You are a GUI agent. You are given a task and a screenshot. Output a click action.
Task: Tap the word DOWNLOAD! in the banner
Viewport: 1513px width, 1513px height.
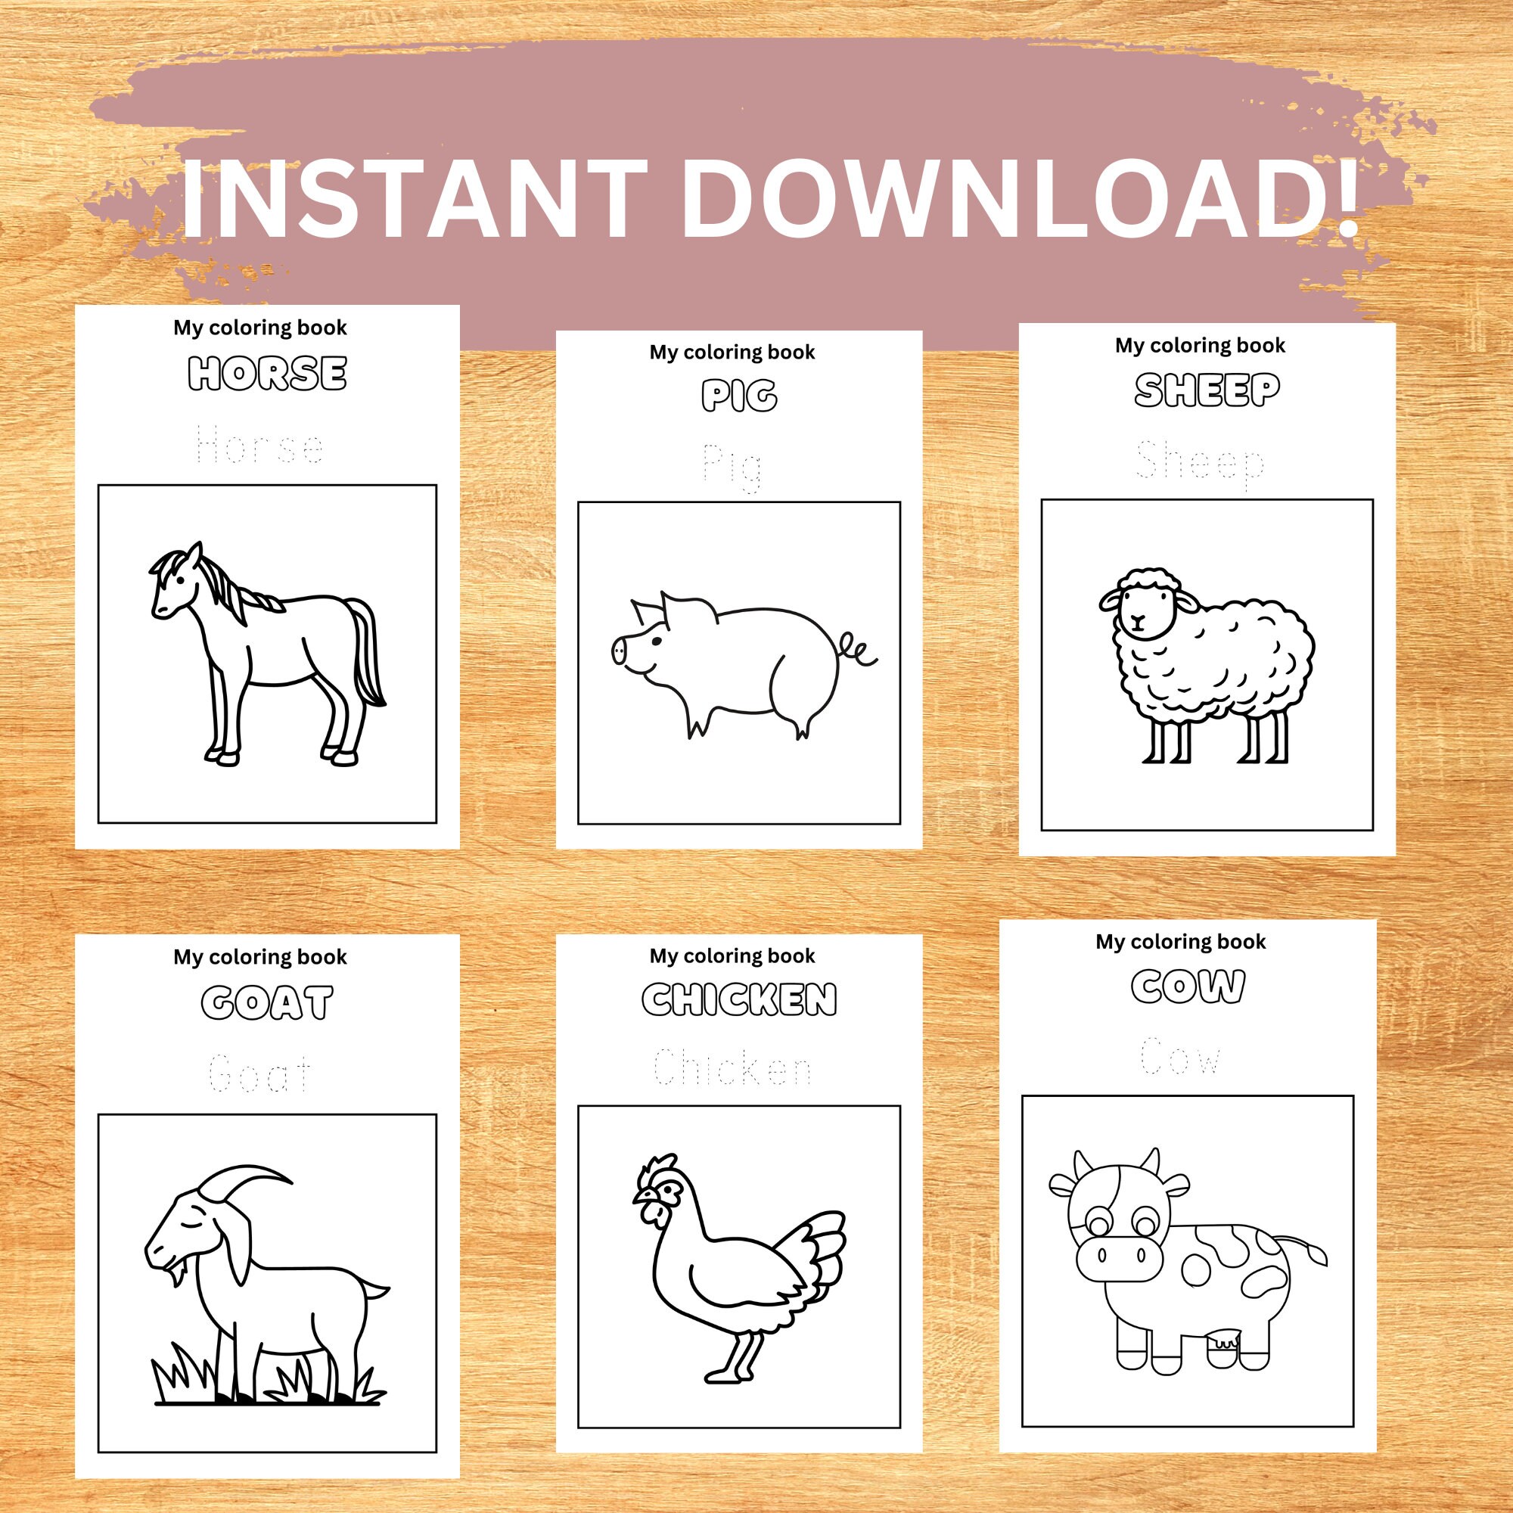(x=1018, y=197)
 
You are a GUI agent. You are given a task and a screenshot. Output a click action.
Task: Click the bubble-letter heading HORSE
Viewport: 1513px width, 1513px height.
(x=267, y=374)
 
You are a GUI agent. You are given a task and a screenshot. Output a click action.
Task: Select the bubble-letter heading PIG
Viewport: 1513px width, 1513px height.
(x=739, y=396)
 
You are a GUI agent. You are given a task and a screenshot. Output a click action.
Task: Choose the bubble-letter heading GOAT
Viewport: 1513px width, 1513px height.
(x=267, y=1003)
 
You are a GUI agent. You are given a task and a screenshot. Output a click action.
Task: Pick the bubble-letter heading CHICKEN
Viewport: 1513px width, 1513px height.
(x=739, y=1000)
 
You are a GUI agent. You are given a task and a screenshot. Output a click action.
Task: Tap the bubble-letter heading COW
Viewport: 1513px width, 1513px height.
(x=1188, y=986)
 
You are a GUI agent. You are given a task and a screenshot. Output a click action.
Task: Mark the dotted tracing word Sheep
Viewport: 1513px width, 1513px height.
(x=1200, y=462)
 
